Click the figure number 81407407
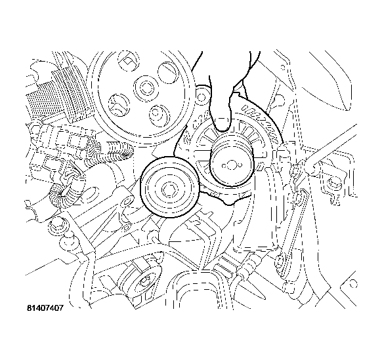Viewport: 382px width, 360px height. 45,308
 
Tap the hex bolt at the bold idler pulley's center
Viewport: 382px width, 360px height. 169,188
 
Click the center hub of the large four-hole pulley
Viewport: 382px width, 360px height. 146,87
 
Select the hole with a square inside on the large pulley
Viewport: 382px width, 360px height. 129,62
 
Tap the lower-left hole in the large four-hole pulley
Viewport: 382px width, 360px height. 118,105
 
